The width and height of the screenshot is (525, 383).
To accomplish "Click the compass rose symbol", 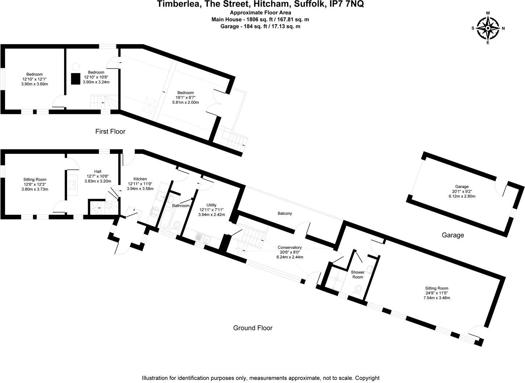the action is (488, 28).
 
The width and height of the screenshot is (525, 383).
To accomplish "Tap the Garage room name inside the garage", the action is (462, 187).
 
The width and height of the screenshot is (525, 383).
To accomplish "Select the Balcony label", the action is (285, 213).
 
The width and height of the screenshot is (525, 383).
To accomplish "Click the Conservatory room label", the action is (290, 247).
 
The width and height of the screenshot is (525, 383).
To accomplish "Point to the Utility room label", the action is (211, 205).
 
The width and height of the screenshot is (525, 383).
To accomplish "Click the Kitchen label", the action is (140, 179).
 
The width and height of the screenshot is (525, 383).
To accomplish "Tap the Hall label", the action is (98, 172).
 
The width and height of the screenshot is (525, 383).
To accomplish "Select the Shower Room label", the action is (357, 275).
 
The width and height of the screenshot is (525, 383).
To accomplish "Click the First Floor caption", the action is (110, 131).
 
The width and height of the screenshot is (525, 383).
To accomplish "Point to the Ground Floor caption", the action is (252, 328).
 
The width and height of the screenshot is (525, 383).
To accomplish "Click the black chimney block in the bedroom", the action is (75, 79).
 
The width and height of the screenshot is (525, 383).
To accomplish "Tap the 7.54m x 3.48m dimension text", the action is (437, 298).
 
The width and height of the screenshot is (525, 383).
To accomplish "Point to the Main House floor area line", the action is (260, 20).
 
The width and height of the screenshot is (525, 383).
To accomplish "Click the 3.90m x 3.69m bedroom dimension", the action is (34, 84).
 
